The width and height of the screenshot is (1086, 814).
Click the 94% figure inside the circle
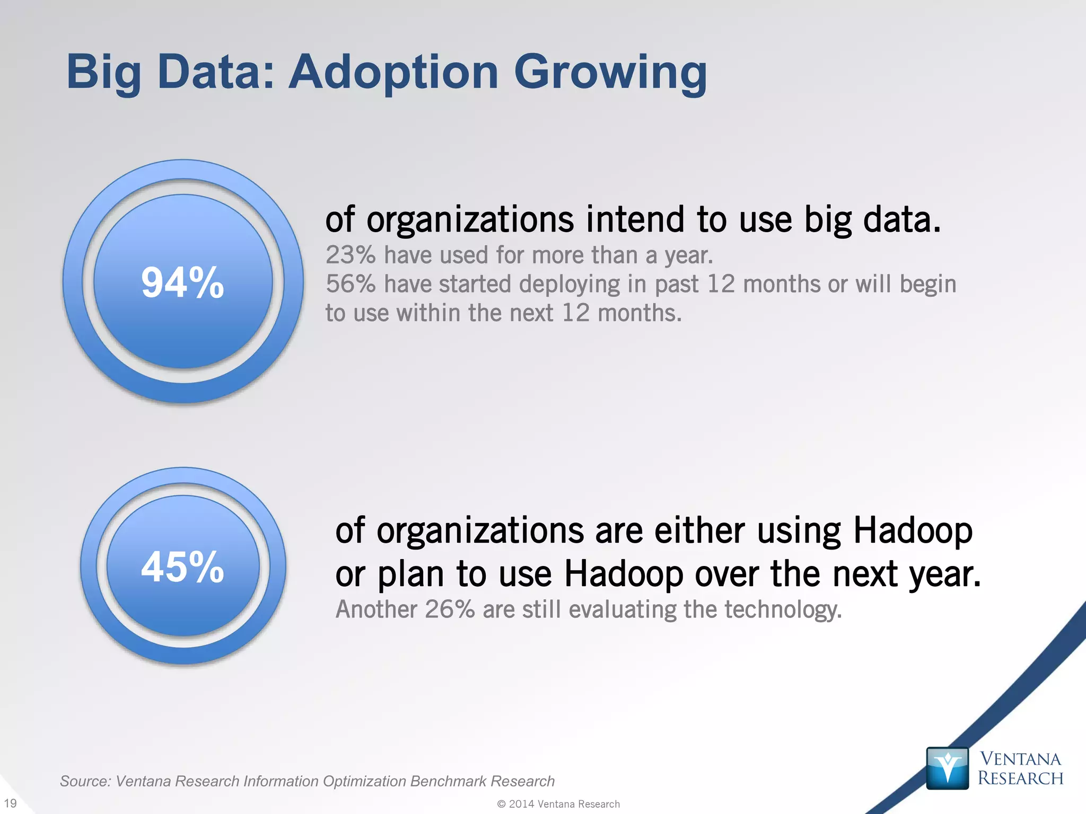point(182,282)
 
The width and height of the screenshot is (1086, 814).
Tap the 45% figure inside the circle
point(182,567)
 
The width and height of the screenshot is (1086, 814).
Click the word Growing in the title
point(610,73)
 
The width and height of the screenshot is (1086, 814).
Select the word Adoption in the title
point(393,73)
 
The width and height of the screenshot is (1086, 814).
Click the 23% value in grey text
point(351,255)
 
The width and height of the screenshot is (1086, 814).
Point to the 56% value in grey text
point(351,284)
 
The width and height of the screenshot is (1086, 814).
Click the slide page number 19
point(10,803)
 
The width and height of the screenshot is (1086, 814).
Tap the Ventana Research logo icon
point(947,768)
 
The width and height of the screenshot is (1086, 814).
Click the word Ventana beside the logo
point(1020,758)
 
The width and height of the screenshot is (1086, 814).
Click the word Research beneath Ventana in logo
point(1020,778)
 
